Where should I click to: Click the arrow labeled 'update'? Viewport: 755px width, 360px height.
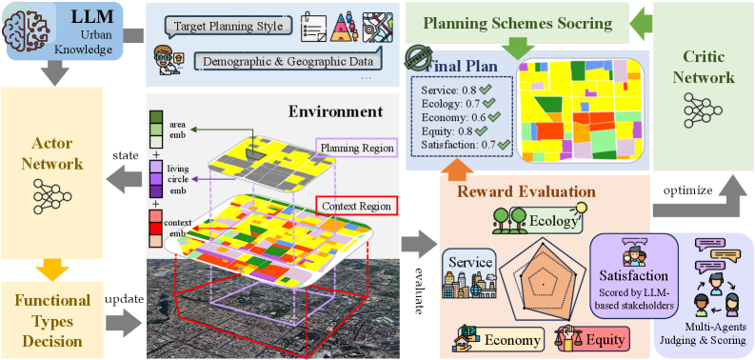point(123,319)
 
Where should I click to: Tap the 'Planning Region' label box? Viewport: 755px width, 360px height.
point(355,148)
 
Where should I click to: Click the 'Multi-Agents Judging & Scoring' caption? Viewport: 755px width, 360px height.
point(705,334)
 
